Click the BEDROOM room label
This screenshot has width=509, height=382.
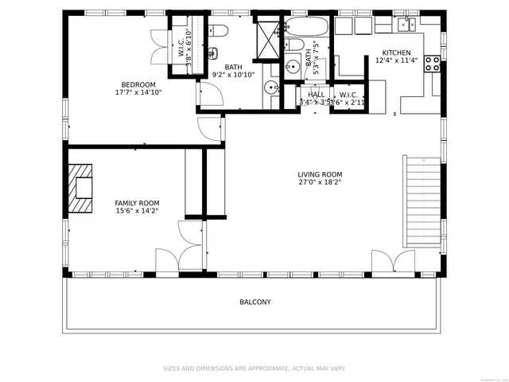(138, 84)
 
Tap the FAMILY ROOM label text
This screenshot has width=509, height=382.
(137, 203)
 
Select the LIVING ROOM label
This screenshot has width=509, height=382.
(320, 175)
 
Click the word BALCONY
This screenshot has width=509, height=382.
(255, 302)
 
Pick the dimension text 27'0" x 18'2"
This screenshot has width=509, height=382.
(320, 183)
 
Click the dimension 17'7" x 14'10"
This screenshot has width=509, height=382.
(138, 92)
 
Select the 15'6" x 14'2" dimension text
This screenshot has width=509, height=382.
(137, 211)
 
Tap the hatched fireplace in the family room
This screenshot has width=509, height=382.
(80, 188)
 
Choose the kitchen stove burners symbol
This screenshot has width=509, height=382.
(433, 64)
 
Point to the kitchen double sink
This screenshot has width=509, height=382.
(408, 24)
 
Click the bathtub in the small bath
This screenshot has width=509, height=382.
(305, 26)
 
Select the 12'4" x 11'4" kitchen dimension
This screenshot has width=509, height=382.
(396, 60)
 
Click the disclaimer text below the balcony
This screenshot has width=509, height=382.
(254, 368)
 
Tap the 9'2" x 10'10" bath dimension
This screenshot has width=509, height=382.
(233, 75)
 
